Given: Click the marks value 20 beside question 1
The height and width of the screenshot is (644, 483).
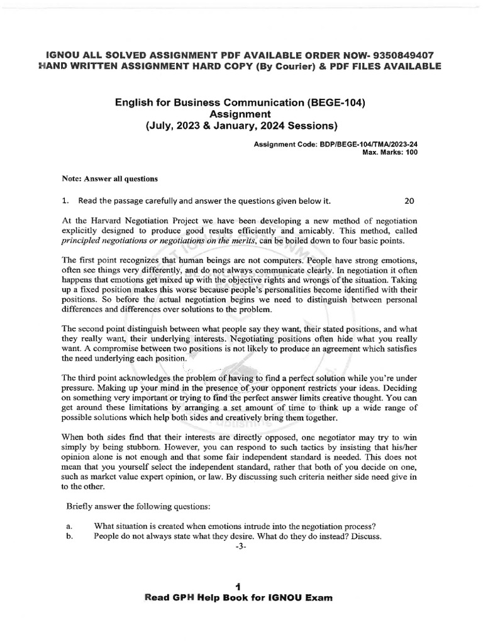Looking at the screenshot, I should (409, 201).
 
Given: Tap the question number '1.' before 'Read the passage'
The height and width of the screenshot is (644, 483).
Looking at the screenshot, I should (65, 201).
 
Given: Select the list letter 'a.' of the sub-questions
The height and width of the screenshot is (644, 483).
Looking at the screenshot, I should (69, 526).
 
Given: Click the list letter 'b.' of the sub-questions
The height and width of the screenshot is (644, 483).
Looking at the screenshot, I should (69, 536).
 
